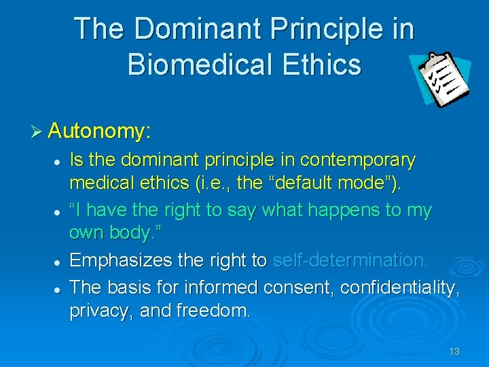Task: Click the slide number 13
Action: click(454, 351)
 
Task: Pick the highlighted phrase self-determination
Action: click(350, 260)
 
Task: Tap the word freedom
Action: click(213, 311)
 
